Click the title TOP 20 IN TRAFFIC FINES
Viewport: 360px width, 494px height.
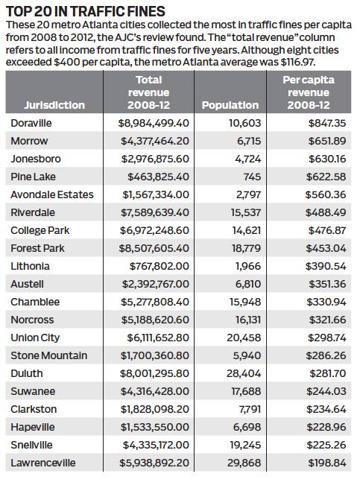(x=86, y=12)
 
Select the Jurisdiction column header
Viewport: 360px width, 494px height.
(x=54, y=105)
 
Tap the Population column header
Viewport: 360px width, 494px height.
(x=230, y=105)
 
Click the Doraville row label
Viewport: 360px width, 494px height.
(x=31, y=123)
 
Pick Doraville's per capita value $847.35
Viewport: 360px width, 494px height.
(x=327, y=123)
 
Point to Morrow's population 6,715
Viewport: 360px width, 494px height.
(x=249, y=141)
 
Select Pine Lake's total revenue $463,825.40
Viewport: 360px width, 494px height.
(x=158, y=177)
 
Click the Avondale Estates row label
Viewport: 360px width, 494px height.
(x=52, y=194)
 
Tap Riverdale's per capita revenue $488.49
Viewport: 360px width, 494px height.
(x=326, y=212)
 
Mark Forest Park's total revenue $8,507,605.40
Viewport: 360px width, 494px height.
(x=154, y=248)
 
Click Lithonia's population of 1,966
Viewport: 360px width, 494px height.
(x=248, y=266)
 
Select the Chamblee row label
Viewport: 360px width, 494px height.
(x=35, y=302)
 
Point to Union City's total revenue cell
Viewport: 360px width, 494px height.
(x=158, y=338)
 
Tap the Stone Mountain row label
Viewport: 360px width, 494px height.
(x=49, y=355)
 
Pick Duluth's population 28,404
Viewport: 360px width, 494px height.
(x=244, y=373)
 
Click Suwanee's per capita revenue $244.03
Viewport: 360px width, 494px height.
(x=326, y=391)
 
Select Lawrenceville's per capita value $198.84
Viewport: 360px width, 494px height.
(x=327, y=463)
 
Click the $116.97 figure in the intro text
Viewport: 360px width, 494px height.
(x=297, y=62)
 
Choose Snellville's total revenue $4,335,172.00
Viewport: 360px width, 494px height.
(x=156, y=445)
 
